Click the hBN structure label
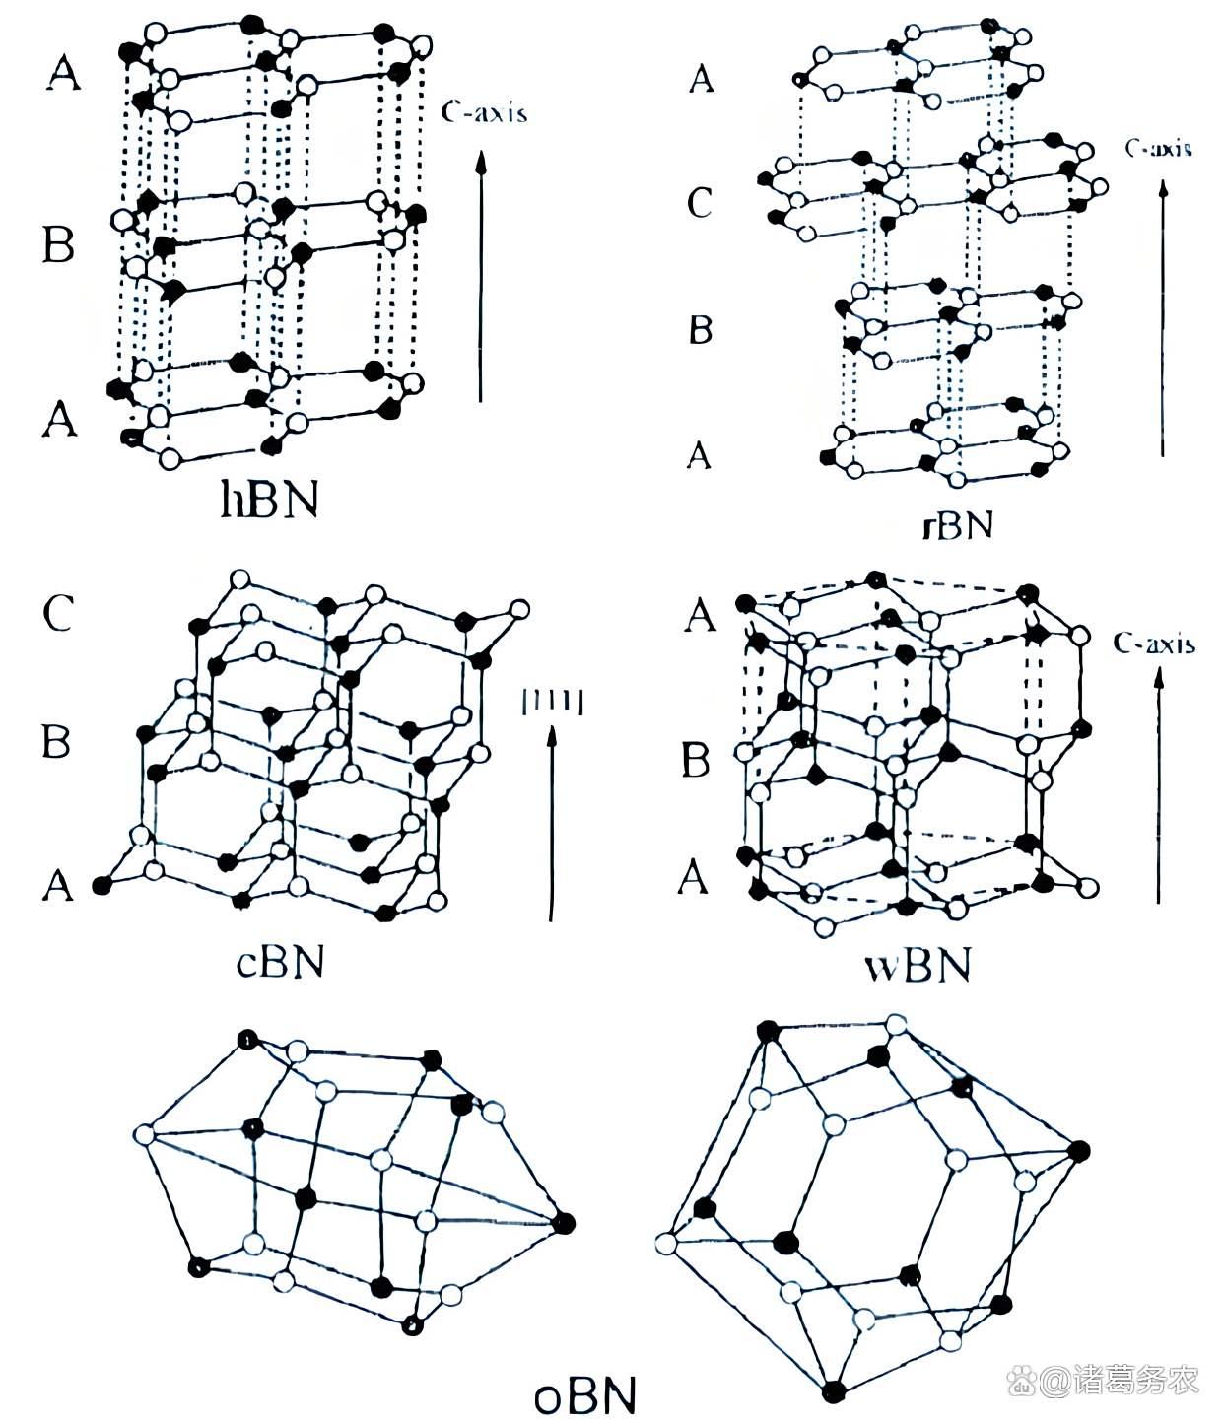pyautogui.click(x=268, y=501)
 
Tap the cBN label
pyautogui.click(x=280, y=962)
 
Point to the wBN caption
pyautogui.click(x=918, y=965)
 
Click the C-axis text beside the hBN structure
pyautogui.click(x=484, y=112)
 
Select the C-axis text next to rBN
pyautogui.click(x=1158, y=148)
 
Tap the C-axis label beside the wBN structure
pyautogui.click(x=1154, y=644)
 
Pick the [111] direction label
pyautogui.click(x=552, y=701)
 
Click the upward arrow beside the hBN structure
pyautogui.click(x=481, y=276)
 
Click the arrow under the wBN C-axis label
pyautogui.click(x=1159, y=783)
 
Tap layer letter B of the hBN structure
pyautogui.click(x=59, y=243)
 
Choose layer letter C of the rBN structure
pyautogui.click(x=699, y=203)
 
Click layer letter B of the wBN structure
pyautogui.click(x=697, y=760)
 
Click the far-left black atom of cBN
pyautogui.click(x=101, y=885)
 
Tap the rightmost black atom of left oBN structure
pyautogui.click(x=563, y=1223)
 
